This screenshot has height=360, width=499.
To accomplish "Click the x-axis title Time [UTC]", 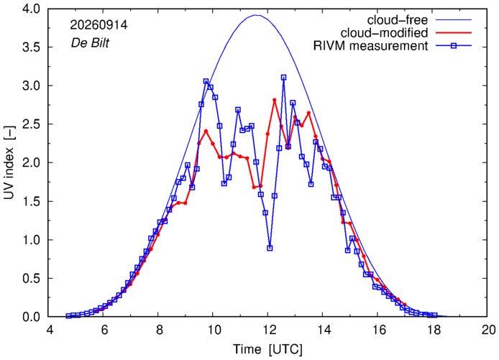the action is [267, 349].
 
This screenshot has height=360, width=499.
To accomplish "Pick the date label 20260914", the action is [99, 25].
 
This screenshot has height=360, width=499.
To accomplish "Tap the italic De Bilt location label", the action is [90, 43].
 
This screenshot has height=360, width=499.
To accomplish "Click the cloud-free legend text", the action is [398, 20].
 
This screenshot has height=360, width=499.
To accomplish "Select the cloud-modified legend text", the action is [384, 33].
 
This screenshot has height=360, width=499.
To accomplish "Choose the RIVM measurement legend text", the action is [370, 46].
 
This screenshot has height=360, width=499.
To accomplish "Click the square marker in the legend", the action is [454, 46].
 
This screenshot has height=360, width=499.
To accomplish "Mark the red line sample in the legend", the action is [454, 33].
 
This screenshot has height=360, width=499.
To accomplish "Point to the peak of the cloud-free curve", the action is [256, 15].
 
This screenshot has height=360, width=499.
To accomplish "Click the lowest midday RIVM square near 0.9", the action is [270, 248].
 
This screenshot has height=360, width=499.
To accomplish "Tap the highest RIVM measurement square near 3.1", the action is [283, 78].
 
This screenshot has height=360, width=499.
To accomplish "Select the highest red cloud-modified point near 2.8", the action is [275, 100].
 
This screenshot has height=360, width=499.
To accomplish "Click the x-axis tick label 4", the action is [50, 330].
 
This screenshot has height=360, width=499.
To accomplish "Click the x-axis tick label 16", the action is [377, 330].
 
